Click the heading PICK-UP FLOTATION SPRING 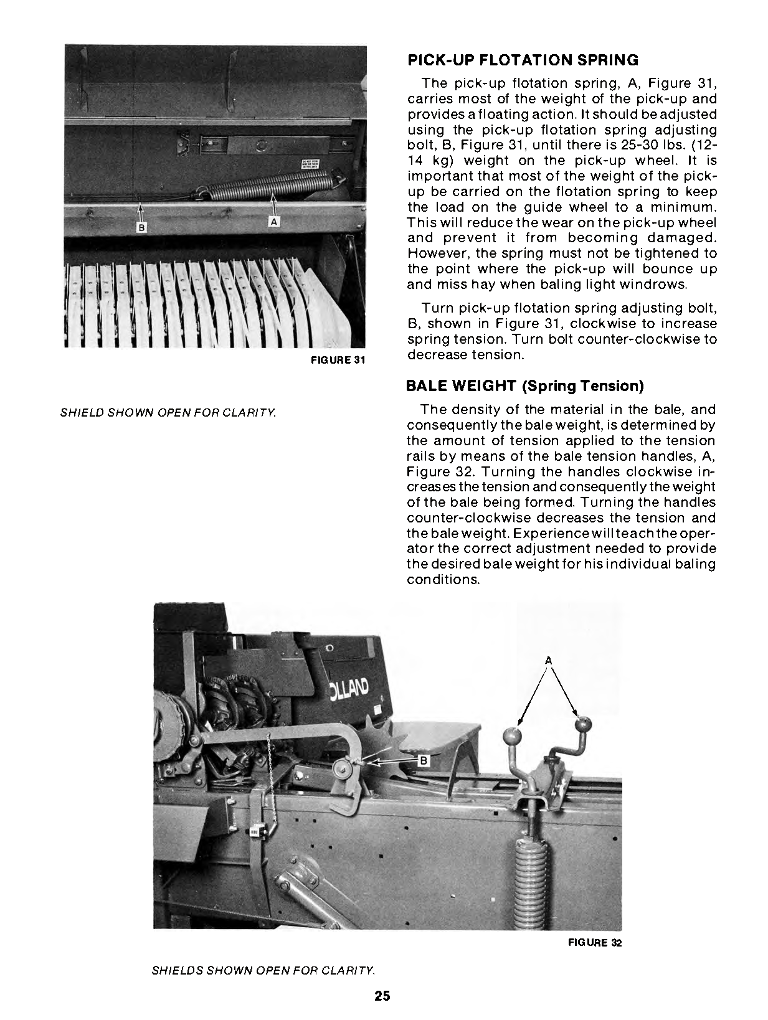523,60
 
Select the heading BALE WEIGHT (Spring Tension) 524,386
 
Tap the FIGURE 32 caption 594,942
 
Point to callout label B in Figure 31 141,228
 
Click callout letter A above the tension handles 548,659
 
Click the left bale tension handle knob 512,735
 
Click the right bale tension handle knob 582,724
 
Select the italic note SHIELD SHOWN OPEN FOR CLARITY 168,412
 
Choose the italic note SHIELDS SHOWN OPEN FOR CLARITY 263,970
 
